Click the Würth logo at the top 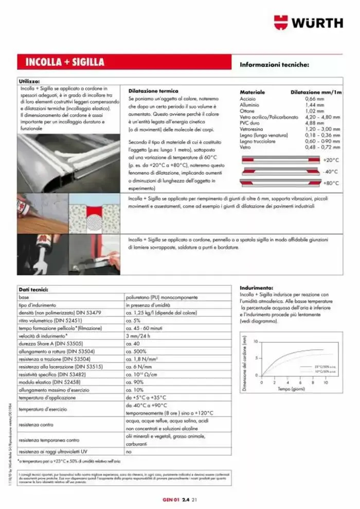pos(308,23)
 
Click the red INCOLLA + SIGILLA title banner pos(65,63)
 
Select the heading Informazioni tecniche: pos(274,65)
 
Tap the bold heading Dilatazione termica pos(153,90)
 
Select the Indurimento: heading pos(256,288)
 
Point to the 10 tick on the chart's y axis pos(255,341)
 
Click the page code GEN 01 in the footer pos(169,499)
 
